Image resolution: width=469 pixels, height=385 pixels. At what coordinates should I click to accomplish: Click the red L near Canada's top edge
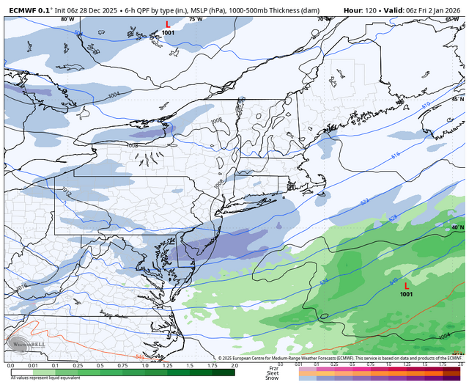pyautogui.click(x=168, y=24)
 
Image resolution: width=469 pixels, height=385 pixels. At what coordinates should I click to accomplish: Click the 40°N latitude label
pyautogui.click(x=457, y=227)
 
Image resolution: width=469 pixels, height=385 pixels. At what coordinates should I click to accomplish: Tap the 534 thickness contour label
pyautogui.click(x=324, y=282)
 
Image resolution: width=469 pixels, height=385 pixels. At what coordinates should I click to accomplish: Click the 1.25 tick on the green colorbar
pyautogui.click(x=167, y=365)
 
